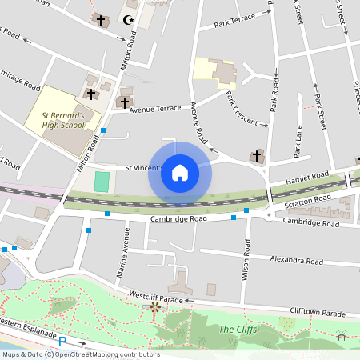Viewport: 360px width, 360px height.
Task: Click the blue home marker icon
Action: tap(180, 173)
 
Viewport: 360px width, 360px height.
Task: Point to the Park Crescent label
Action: tap(246, 109)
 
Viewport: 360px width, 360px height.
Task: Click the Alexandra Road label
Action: tap(296, 261)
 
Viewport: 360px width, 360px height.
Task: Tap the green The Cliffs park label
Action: tap(238, 329)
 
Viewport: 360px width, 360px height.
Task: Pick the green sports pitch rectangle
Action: tap(101, 182)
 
